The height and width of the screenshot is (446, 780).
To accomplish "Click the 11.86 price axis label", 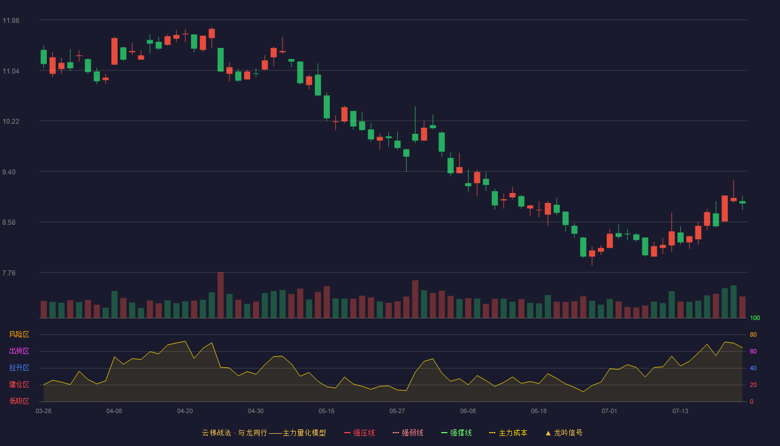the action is [11, 21].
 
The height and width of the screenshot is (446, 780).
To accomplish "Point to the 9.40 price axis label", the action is [9, 172].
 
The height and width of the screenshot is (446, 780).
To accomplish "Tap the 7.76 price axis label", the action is [9, 273].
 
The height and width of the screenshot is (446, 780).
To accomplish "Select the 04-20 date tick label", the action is [185, 411].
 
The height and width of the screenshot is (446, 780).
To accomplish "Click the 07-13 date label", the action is [680, 411].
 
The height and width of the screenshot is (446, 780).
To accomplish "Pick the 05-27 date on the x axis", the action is [397, 411].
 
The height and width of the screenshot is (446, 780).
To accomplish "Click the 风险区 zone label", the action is [19, 334].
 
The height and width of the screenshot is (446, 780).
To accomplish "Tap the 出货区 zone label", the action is [19, 351].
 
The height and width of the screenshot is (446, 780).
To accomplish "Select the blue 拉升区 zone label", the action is [19, 367].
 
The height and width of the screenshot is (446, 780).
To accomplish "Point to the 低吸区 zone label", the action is [19, 401].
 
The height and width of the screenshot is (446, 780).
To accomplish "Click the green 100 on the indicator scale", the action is [755, 318].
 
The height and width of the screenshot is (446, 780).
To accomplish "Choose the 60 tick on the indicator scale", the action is [753, 351].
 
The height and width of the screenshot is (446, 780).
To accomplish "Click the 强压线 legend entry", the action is [360, 433].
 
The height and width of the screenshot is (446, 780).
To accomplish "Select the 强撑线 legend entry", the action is [456, 433].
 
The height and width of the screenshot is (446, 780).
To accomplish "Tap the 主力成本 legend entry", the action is [508, 433].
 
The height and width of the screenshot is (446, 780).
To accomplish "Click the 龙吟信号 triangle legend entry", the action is [564, 433].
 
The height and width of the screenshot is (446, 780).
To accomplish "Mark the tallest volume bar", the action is [221, 295].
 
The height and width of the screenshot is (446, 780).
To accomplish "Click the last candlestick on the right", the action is [742, 202].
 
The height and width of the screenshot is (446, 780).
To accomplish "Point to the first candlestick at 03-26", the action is [43, 56].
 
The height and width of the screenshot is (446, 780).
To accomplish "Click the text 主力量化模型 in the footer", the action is [304, 433].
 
